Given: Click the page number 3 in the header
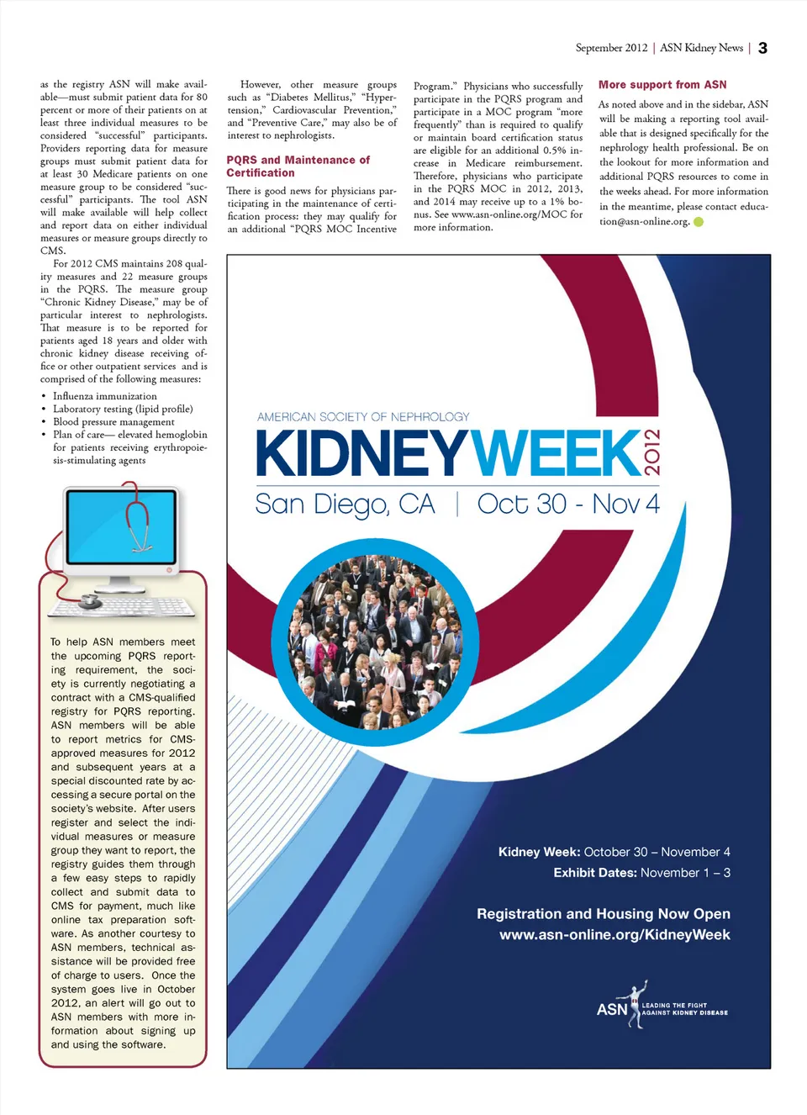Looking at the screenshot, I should pyautogui.click(x=762, y=48).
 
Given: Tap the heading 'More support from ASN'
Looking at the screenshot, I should pyautogui.click(x=662, y=85).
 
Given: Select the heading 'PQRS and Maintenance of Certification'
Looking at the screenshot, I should pyautogui.click(x=298, y=166).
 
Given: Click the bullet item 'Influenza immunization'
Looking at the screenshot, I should pyautogui.click(x=104, y=396).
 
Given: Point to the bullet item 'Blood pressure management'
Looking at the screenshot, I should pyautogui.click(x=113, y=422).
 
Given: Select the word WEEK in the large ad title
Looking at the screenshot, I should pyautogui.click(x=555, y=454).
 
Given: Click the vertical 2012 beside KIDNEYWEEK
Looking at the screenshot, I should pyautogui.click(x=652, y=452).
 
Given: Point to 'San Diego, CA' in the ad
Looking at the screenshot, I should pyautogui.click(x=345, y=505).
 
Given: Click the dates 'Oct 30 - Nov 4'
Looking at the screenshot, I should pyautogui.click(x=568, y=505).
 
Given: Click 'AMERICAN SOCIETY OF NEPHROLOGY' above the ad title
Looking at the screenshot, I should pyautogui.click(x=363, y=417).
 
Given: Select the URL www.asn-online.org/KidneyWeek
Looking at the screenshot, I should pyautogui.click(x=614, y=935).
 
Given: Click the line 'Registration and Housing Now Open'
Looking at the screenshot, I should pyautogui.click(x=604, y=914).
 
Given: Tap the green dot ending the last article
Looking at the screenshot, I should pyautogui.click(x=699, y=222).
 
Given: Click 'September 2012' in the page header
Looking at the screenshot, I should pyautogui.click(x=611, y=48).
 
